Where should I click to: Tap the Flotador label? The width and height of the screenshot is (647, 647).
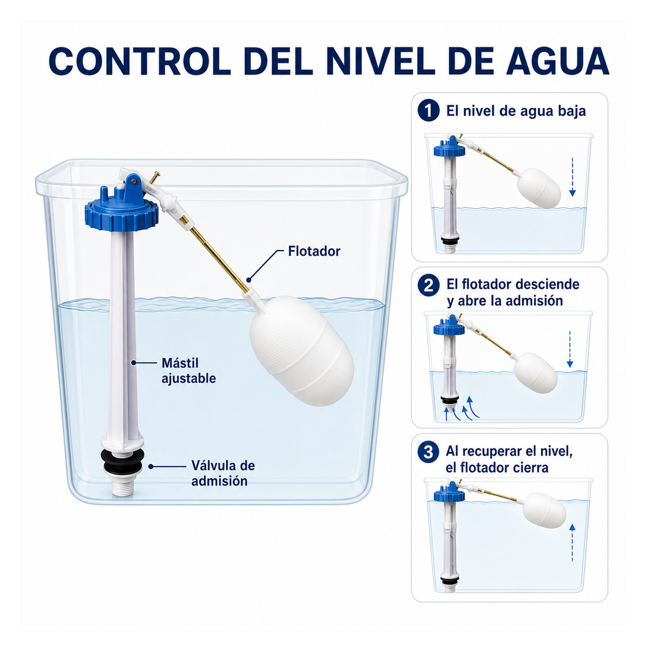pos(314,251)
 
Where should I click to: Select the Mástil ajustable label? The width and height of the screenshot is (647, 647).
pos(188,370)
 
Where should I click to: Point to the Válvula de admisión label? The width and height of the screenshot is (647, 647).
pos(223,473)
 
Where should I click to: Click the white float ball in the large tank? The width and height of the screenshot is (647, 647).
pos(301,350)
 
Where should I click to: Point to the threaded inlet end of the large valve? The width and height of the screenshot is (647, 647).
pos(122,485)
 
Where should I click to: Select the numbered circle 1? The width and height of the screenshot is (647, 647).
pos(429,111)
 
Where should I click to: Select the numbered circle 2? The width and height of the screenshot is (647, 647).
pos(429,286)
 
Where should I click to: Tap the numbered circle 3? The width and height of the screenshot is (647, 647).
pos(429,452)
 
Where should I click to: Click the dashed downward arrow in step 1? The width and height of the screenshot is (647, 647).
pos(573,177)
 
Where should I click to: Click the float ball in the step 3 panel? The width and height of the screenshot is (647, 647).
pos(544,510)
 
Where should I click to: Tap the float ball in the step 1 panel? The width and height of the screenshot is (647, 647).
pos(539,188)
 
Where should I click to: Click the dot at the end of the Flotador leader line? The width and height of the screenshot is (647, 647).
pos(249,279)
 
